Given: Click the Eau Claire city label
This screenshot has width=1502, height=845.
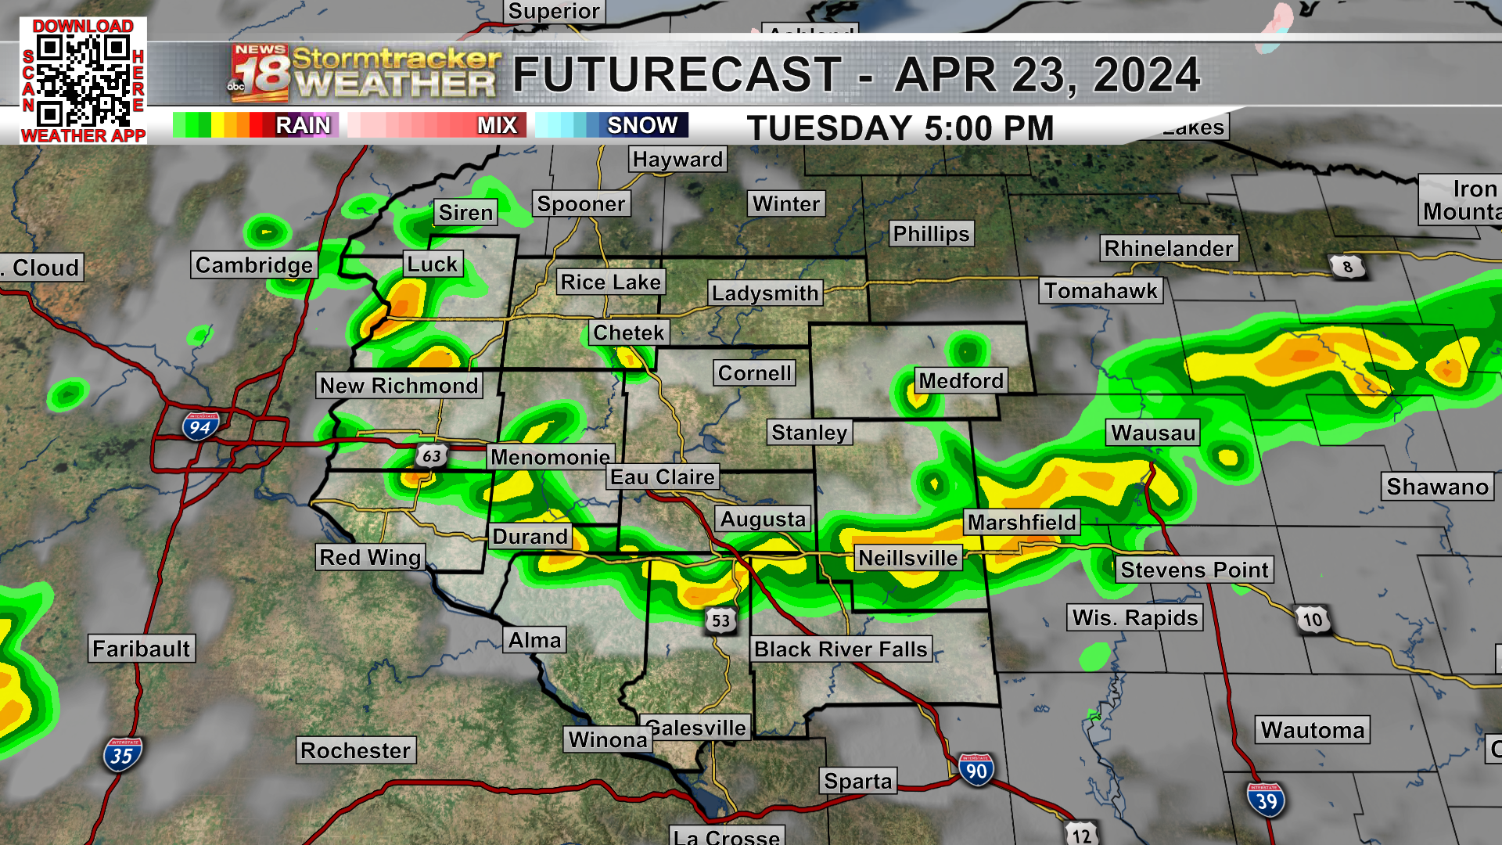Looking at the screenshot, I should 663,476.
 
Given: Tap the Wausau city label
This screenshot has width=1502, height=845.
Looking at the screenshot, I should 1153,433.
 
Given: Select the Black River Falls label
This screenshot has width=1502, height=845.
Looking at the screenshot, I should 840,649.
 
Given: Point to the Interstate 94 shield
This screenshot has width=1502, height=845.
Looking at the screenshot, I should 199,426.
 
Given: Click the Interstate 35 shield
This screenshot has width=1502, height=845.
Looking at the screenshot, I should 122,755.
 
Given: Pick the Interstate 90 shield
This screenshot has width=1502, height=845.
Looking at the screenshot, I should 976,771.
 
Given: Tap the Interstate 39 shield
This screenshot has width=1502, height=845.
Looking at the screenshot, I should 1266,800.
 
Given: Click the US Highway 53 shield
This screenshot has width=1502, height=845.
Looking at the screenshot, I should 720,620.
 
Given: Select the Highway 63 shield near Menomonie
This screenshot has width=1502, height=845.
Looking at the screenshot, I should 431,455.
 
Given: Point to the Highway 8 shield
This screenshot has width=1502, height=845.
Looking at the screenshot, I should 1347,267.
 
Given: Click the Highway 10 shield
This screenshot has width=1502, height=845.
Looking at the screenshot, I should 1312,620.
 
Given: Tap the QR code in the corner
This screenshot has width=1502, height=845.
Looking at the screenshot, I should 83,81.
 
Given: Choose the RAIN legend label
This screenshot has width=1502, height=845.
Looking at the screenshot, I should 303,125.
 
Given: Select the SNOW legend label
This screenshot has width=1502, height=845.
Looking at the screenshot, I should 642,125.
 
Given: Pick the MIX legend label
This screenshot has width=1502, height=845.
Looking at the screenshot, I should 497,125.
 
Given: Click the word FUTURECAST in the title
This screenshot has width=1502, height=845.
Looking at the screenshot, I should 677,74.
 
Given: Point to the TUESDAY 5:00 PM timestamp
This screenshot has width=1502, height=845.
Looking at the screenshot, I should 900,128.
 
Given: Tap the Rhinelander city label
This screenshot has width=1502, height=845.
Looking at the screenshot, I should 1169,248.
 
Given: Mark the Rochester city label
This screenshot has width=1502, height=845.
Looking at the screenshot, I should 355,750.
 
